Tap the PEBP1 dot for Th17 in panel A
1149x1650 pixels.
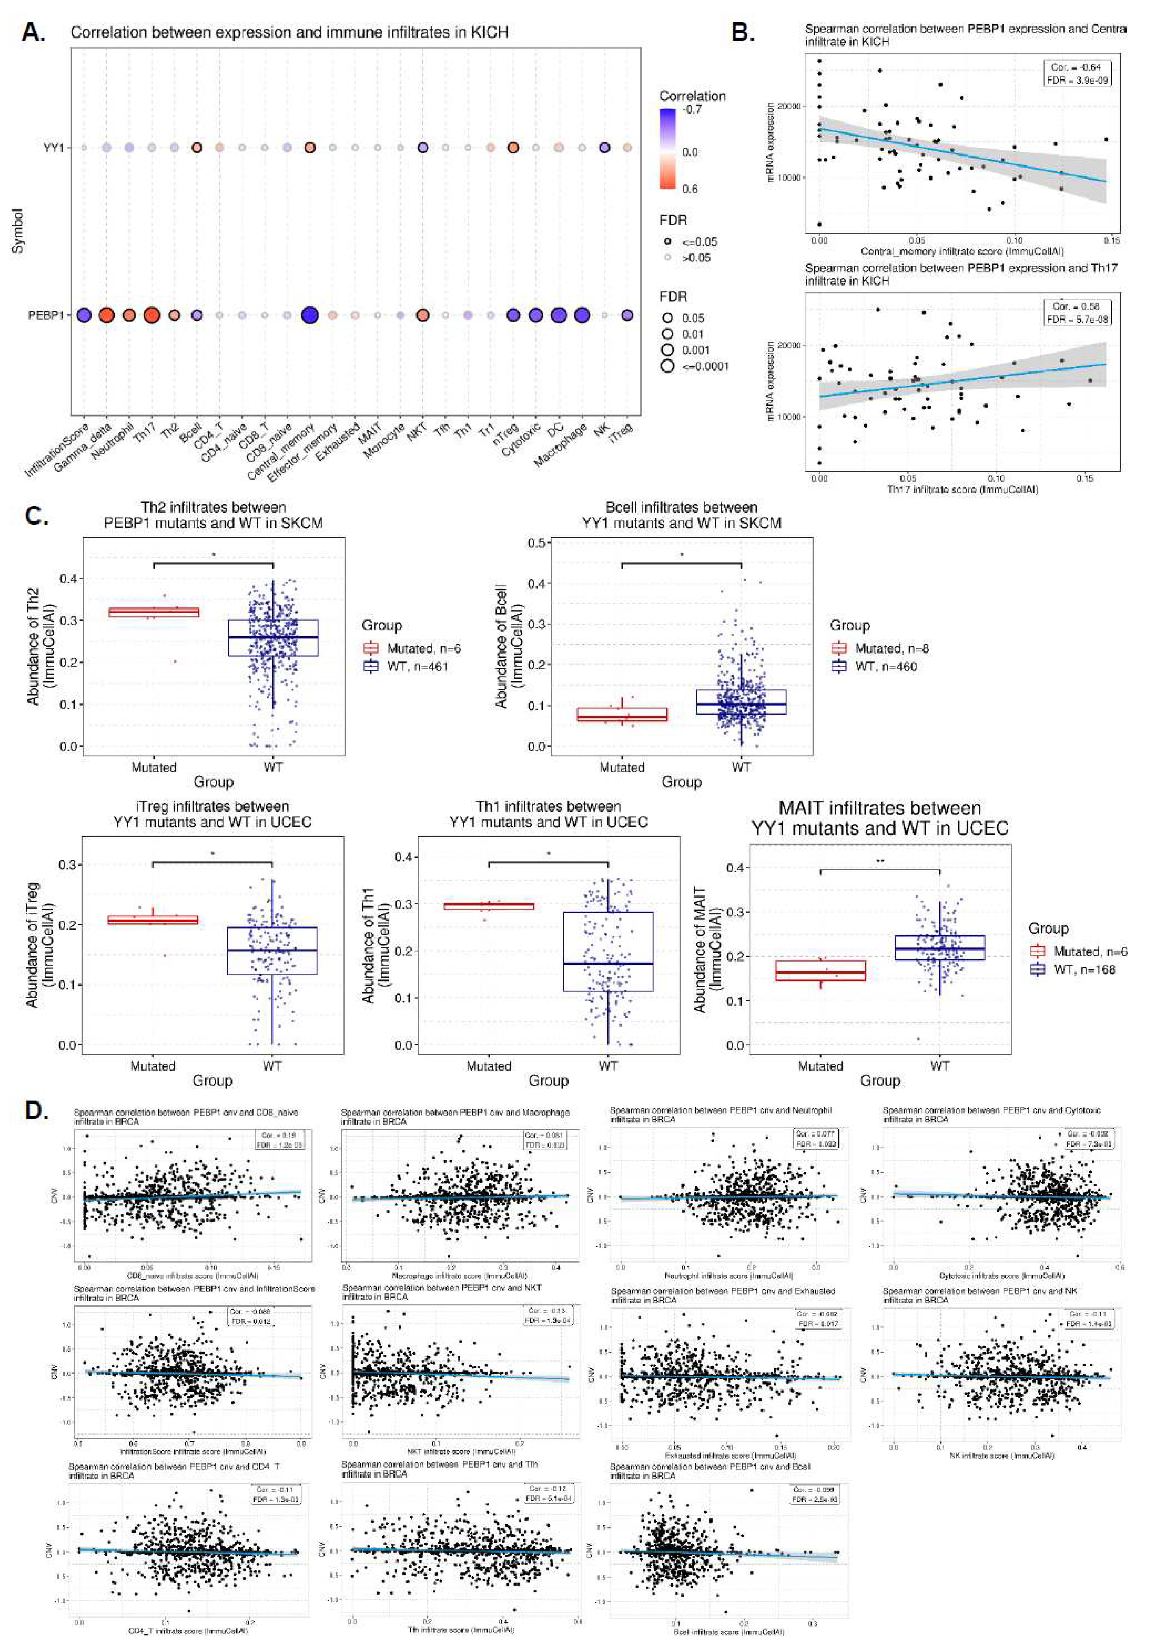(151, 315)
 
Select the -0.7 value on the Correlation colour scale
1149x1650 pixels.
(692, 109)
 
